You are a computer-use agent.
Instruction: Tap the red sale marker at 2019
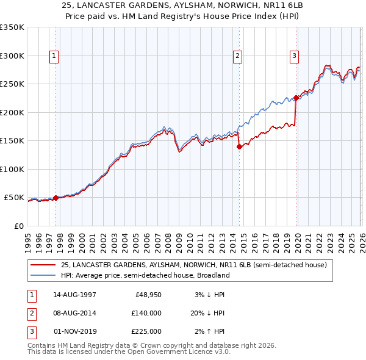pyautogui.click(x=296, y=98)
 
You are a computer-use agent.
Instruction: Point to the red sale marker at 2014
pyautogui.click(x=239, y=146)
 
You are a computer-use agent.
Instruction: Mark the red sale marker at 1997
pyautogui.click(x=56, y=198)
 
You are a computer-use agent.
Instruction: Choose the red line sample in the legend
pyautogui.click(x=43, y=265)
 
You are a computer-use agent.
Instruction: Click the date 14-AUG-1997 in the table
pyautogui.click(x=74, y=295)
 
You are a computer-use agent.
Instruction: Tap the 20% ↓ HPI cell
pyautogui.click(x=209, y=313)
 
